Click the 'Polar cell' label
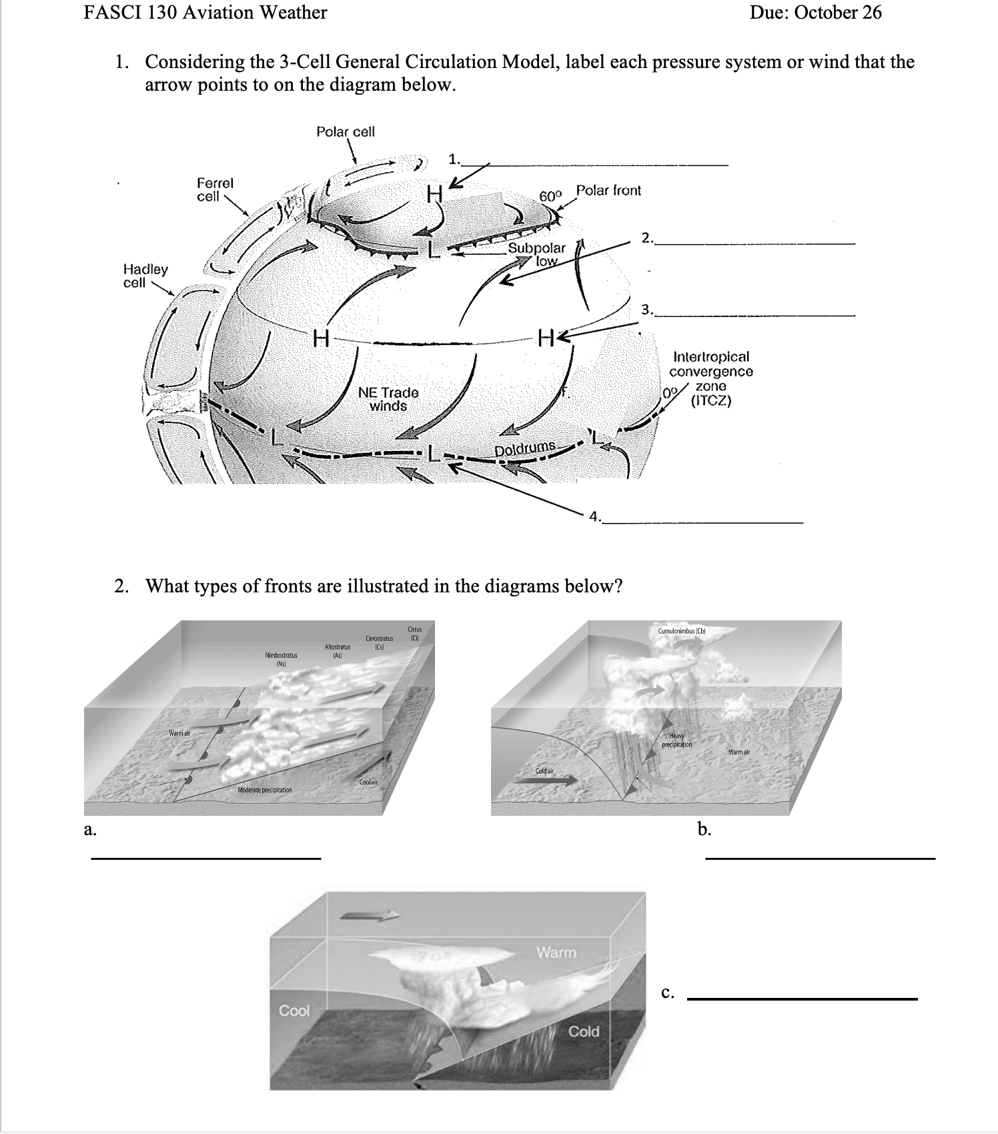[345, 131]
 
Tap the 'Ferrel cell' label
[215, 189]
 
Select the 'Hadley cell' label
[145, 275]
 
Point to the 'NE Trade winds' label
[388, 399]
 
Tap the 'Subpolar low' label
[537, 254]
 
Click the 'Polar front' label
[608, 190]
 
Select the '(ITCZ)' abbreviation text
[711, 401]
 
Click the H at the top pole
[435, 194]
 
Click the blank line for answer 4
[704, 521]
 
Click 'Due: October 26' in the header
[815, 12]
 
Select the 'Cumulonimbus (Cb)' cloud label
[682, 630]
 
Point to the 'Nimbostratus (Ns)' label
[281, 659]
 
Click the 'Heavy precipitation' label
[676, 740]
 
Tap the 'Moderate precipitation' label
[265, 790]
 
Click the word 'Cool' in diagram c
[294, 1011]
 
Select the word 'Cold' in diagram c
[584, 1031]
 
